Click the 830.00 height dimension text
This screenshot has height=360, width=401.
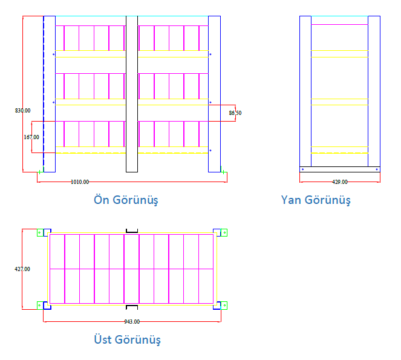pos(23,111)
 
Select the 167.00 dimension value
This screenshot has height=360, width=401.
pos(31,137)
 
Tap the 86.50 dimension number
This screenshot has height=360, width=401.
pos(235,113)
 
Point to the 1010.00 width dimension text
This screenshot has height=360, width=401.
pos(80,182)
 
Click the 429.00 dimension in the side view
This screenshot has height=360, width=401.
pos(340,182)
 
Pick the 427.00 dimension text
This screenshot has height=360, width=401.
pos(22,269)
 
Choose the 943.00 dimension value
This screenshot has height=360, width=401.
pos(132,322)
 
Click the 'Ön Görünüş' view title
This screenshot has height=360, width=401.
pos(126,200)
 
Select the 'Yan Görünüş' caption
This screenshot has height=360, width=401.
pos(316,200)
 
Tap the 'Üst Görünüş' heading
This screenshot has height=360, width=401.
pos(128,339)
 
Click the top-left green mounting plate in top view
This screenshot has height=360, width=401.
pos(40,232)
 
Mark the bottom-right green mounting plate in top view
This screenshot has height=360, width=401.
pos(224,306)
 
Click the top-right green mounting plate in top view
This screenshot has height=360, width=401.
pos(224,232)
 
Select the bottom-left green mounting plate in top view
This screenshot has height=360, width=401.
pos(40,306)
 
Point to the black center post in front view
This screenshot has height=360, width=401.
pos(132,94)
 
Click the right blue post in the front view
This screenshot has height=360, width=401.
pos(214,94)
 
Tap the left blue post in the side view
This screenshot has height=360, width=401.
pos(305,91)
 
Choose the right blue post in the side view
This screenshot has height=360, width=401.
pos(374,91)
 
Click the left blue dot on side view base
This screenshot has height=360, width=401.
pos(303,169)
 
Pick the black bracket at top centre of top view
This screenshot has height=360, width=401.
pos(132,231)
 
